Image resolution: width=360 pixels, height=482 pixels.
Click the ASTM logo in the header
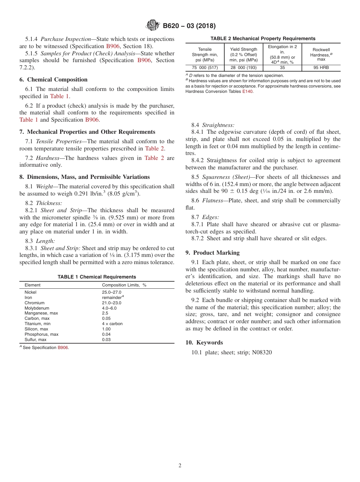click(153, 26)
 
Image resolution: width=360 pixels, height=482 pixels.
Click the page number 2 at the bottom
click(180, 466)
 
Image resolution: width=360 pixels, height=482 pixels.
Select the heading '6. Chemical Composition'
click(53, 80)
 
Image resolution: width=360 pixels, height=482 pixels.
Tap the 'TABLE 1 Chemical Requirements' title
click(97, 277)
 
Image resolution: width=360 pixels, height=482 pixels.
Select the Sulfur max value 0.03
click(106, 340)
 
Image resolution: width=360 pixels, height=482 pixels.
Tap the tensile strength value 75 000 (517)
click(205, 68)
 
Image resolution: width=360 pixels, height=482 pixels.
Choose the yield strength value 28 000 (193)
click(244, 68)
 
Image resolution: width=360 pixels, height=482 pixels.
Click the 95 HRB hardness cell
click(321, 68)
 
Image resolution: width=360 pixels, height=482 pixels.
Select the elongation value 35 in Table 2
click(282, 68)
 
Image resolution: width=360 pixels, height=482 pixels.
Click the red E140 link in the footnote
click(247, 91)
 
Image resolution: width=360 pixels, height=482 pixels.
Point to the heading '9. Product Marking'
click(213, 253)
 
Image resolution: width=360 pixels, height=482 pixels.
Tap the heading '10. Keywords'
click(204, 343)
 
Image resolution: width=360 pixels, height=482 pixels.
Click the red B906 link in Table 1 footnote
click(63, 347)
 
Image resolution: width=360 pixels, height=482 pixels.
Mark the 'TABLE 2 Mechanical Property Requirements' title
click(263, 39)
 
